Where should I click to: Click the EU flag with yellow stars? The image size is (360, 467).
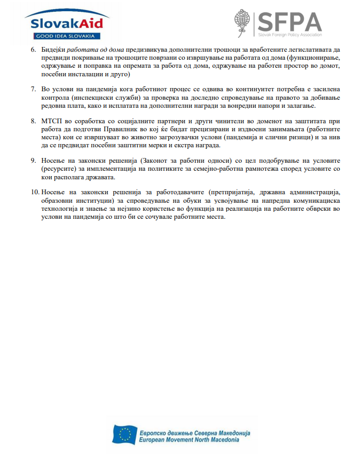(125, 435)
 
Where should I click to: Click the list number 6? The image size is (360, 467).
(34, 49)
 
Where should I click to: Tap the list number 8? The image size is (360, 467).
(34, 121)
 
